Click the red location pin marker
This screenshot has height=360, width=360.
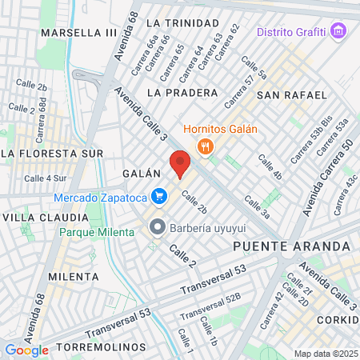pos(180,164)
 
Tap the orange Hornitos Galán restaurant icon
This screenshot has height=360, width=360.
pos(206,146)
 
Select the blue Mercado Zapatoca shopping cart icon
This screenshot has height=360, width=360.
pos(159,195)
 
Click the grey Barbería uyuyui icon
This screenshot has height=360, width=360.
pos(158,227)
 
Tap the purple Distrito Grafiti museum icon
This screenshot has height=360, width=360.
pos(339,32)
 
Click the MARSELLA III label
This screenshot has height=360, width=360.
pos(78,32)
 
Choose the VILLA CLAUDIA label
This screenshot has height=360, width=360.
pos(45,218)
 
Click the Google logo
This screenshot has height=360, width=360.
pos(26,350)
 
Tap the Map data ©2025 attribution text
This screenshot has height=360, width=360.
pos(324,354)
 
